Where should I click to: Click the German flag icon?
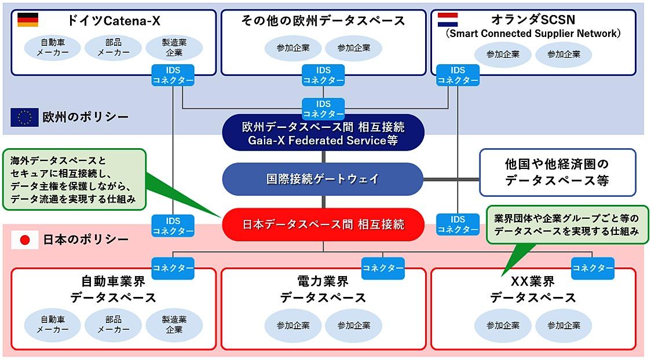[x=28, y=20]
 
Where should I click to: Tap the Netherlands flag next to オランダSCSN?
[x=447, y=20]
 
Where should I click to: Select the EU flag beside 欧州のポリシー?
[x=24, y=117]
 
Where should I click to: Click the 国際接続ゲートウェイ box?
[x=323, y=179]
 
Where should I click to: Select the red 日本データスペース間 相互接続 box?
[x=323, y=225]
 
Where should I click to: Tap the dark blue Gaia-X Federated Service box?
[x=323, y=133]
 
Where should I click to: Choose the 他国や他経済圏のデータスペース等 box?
[x=557, y=172]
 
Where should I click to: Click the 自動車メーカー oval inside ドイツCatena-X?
[x=53, y=47]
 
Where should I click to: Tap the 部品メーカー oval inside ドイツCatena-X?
[x=114, y=47]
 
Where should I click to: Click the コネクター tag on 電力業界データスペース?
[x=383, y=268]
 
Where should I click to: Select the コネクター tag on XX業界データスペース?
[x=593, y=268]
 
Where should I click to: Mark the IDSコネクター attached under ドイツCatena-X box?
[x=173, y=75]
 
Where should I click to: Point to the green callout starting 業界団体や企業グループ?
[x=566, y=225]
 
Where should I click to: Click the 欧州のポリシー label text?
[x=86, y=117]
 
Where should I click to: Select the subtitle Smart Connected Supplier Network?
[x=533, y=34]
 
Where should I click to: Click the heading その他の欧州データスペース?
[x=323, y=21]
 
